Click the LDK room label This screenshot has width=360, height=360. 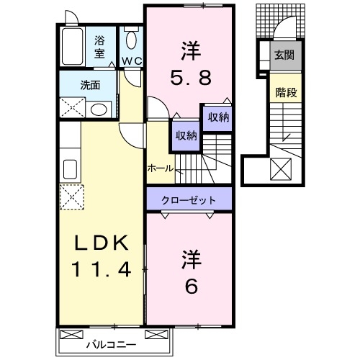click(x=101, y=245)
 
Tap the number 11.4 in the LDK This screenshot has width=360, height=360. click(x=101, y=270)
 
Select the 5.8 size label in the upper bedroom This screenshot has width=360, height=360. click(x=191, y=74)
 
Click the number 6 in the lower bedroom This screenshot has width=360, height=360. click(x=191, y=285)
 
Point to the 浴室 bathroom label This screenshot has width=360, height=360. click(x=99, y=48)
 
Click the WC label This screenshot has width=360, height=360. click(x=131, y=60)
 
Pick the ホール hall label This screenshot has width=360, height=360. click(x=160, y=168)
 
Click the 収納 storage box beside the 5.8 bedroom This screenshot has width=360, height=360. click(x=218, y=118)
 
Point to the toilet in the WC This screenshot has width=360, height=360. click(x=131, y=40)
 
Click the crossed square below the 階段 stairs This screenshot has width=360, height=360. click(x=282, y=168)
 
